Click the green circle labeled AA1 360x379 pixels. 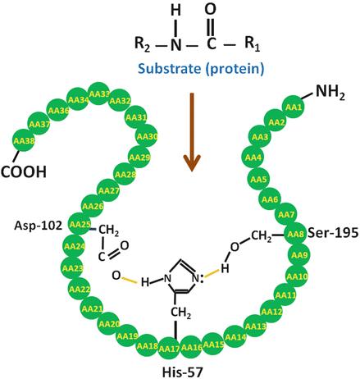(x=294, y=107)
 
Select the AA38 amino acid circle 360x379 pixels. (x=24, y=140)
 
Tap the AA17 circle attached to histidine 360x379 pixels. (x=169, y=349)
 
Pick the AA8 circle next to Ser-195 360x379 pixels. (x=295, y=234)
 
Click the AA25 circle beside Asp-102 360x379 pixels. (x=80, y=224)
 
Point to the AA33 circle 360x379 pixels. (x=99, y=94)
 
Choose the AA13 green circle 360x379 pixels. (x=255, y=326)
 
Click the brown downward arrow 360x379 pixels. (x=192, y=132)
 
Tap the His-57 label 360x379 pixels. (x=183, y=372)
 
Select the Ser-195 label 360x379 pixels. (x=333, y=233)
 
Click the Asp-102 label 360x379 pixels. (x=39, y=226)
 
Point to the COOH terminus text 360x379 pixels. (x=24, y=172)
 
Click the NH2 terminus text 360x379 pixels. (x=330, y=92)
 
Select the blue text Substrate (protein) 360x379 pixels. (x=201, y=68)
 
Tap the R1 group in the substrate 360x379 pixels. (x=252, y=43)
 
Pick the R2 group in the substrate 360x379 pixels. (x=143, y=44)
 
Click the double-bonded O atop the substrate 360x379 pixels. (x=210, y=8)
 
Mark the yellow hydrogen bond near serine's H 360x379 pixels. (x=212, y=274)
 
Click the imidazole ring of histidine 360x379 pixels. (x=181, y=276)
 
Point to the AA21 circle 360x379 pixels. (x=92, y=308)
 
